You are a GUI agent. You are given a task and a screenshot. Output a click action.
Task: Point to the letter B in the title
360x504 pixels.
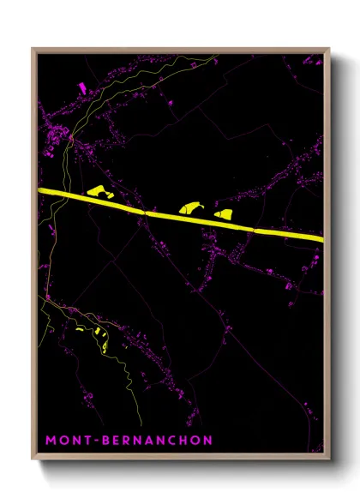pos(109,441)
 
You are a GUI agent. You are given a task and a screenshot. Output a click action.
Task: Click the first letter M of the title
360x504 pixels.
pos(51,441)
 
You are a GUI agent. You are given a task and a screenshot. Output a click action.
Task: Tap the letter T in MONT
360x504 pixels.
pos(88,441)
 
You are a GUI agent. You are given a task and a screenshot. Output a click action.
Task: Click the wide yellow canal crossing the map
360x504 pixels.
pos(171,214)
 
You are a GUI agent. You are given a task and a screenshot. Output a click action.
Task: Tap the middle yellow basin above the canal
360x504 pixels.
pos(189,207)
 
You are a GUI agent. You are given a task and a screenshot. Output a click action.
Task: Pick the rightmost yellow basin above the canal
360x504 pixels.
pos(225,213)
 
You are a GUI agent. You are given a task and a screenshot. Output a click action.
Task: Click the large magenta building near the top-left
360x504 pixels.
pos(82,87)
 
